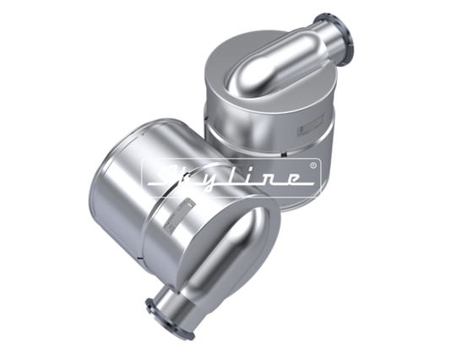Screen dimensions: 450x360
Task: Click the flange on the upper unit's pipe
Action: pos(336,40)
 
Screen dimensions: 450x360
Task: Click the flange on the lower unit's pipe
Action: pos(170,319)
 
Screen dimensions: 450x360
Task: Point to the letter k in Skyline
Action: pos(192,177)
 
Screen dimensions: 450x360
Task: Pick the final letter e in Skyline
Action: pos(291,178)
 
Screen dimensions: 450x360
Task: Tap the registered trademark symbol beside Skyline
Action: pos(313,165)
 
